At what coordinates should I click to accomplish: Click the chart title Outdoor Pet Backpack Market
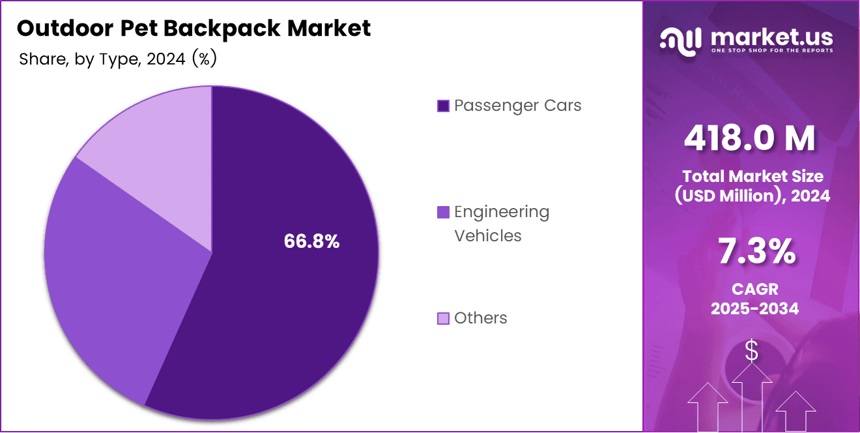[x=193, y=28]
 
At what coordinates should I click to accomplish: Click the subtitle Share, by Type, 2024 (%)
[x=118, y=59]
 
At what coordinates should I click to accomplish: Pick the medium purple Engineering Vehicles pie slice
[x=117, y=274]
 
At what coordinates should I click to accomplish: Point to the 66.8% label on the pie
[x=311, y=241]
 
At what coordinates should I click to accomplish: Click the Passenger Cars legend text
[x=517, y=106]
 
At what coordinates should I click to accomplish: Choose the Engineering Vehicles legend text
[x=502, y=224]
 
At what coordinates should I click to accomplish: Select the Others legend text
[x=480, y=318]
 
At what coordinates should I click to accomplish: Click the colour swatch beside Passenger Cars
[x=443, y=106]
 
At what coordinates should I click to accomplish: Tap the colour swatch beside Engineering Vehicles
[x=443, y=212]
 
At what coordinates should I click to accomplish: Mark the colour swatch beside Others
[x=443, y=319]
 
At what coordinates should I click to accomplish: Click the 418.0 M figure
[x=750, y=138]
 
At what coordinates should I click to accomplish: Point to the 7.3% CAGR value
[x=756, y=252]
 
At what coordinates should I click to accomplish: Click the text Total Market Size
[x=752, y=176]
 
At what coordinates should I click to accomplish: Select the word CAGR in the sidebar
[x=754, y=288]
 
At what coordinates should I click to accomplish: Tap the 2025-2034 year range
[x=754, y=308]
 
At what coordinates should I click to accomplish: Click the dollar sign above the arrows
[x=751, y=351]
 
